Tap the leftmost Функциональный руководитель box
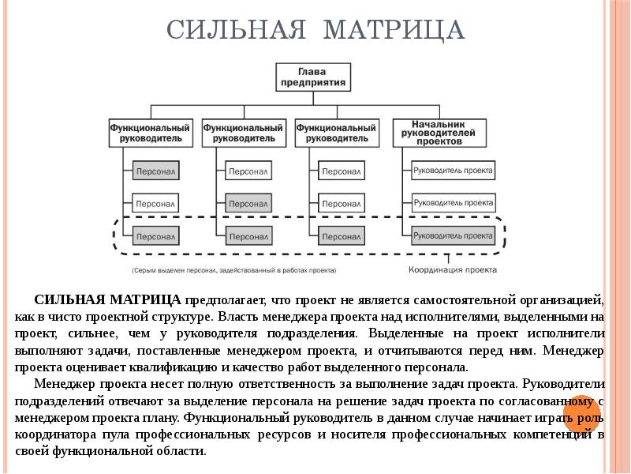pyautogui.click(x=150, y=133)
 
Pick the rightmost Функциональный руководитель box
pyautogui.click(x=336, y=133)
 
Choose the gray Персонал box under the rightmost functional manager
pyautogui.click(x=342, y=236)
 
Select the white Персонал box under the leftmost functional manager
pyautogui.click(x=155, y=203)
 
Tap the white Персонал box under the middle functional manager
pyautogui.click(x=248, y=171)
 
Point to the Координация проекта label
pyautogui.click(x=452, y=269)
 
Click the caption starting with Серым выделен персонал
pyautogui.click(x=233, y=270)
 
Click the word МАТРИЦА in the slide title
pyautogui.click(x=394, y=31)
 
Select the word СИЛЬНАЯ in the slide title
pyautogui.click(x=236, y=31)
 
